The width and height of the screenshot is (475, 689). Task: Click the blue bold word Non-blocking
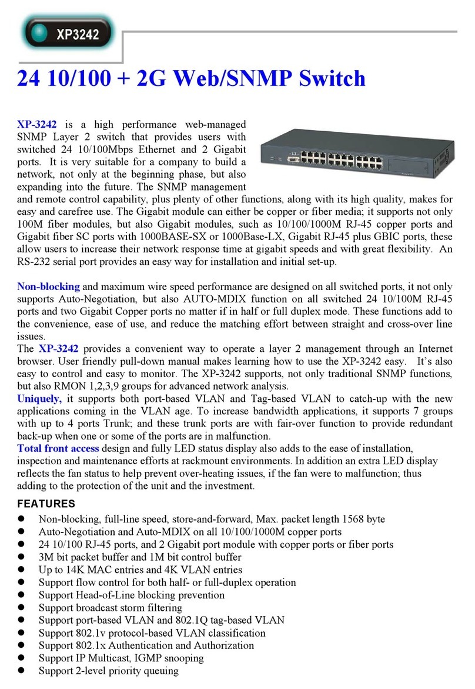[48, 287]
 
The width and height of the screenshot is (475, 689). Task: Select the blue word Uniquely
[39, 399]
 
